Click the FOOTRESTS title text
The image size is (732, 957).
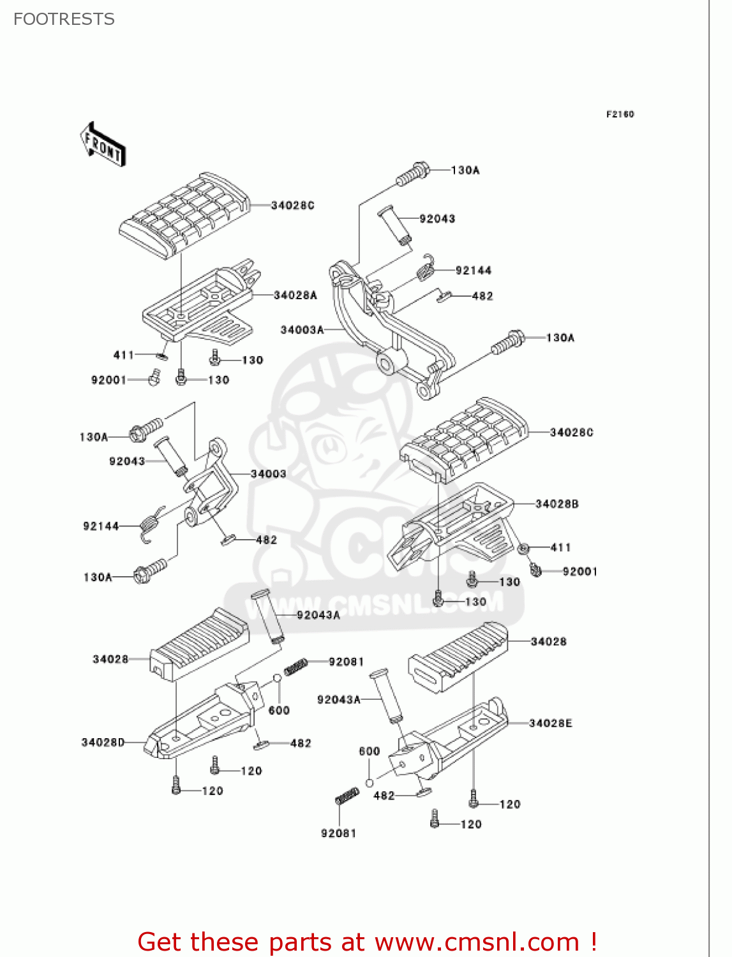(64, 19)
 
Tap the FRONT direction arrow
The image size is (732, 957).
(103, 145)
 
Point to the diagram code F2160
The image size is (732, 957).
(620, 114)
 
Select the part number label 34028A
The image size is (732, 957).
(295, 295)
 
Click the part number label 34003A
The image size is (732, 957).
(302, 330)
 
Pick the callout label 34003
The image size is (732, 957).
(268, 474)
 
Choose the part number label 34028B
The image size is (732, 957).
(556, 504)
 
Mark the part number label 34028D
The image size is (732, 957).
(103, 743)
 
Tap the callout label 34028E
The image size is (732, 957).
(550, 723)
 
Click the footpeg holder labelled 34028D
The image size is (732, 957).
(204, 721)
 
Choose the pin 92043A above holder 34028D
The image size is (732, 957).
(267, 616)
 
